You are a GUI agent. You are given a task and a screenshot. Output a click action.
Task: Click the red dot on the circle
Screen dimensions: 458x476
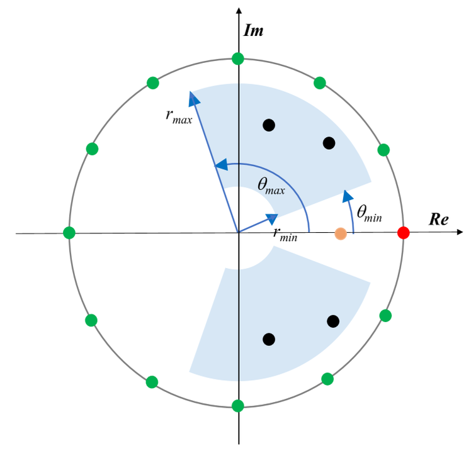click(404, 233)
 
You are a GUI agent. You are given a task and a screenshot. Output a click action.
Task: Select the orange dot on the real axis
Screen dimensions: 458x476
click(341, 233)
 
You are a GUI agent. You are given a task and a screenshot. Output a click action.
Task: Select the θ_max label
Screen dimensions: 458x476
click(273, 184)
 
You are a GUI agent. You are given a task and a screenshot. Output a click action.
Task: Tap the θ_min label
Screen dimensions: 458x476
click(370, 212)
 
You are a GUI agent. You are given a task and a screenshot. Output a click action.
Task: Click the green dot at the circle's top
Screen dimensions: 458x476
click(238, 59)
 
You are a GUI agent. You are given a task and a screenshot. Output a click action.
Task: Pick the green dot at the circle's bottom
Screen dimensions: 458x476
click(238, 406)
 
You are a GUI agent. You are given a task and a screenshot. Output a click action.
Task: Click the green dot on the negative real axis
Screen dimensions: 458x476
click(69, 233)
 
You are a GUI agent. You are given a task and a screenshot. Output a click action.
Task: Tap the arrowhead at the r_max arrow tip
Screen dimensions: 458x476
click(193, 98)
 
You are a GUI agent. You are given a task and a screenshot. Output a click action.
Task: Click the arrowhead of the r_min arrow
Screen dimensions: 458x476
click(272, 218)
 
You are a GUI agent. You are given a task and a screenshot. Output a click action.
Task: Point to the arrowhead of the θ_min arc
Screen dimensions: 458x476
click(346, 194)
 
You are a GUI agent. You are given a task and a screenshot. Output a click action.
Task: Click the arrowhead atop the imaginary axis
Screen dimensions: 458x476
click(238, 11)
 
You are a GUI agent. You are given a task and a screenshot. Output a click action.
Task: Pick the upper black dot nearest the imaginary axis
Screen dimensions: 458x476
click(269, 125)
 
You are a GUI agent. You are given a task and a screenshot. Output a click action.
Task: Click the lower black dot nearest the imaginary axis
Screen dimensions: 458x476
click(269, 339)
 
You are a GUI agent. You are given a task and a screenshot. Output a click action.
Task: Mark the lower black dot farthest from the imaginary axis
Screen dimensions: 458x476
click(333, 321)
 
